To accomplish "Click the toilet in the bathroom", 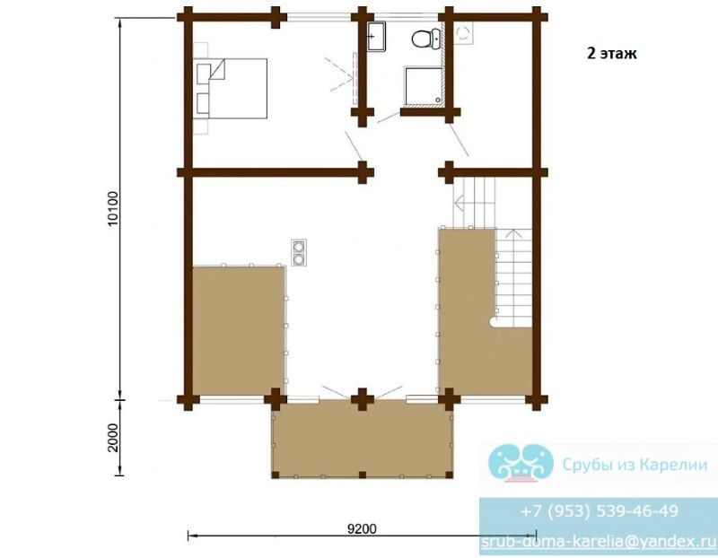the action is pos(425,38).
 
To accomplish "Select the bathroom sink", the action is pos(376,36).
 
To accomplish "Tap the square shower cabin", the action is pos(423,86).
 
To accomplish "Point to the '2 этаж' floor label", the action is pos(612,54).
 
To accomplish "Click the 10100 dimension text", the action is pos(113,209).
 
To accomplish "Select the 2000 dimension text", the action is pos(113,438).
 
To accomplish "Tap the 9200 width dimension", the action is pos(362,529).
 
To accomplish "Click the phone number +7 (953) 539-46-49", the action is pos(599,510).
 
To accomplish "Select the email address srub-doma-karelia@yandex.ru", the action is pos(599,542).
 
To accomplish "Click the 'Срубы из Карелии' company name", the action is pos(635,465).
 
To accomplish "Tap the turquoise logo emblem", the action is pos(521,463).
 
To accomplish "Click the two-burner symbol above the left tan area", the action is pos(299,253).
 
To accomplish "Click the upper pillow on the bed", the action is pos(204,74).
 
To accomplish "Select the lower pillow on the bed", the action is pos(204,103).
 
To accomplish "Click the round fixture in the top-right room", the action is pos(463,32).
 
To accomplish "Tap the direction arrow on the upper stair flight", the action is pos(460,202).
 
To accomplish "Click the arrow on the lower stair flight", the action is pos(514,234).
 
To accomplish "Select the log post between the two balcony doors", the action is pos(363,398).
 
